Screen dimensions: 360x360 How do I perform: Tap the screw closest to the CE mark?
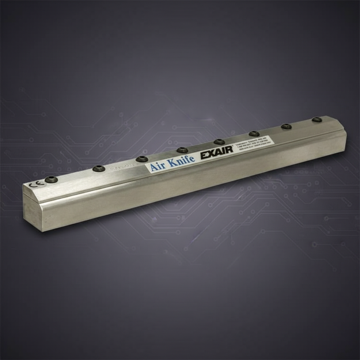[51, 179]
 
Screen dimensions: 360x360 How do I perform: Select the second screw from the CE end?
[99, 169]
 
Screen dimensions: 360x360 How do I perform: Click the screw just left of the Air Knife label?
[142, 159]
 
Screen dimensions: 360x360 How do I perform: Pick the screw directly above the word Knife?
[182, 150]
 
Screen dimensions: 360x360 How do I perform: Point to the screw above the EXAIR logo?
[219, 142]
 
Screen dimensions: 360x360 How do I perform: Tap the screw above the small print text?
[254, 134]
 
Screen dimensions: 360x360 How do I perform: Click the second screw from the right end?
[286, 126]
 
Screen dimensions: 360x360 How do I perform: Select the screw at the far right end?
[317, 120]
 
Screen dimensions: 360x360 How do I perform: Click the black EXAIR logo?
[217, 153]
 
